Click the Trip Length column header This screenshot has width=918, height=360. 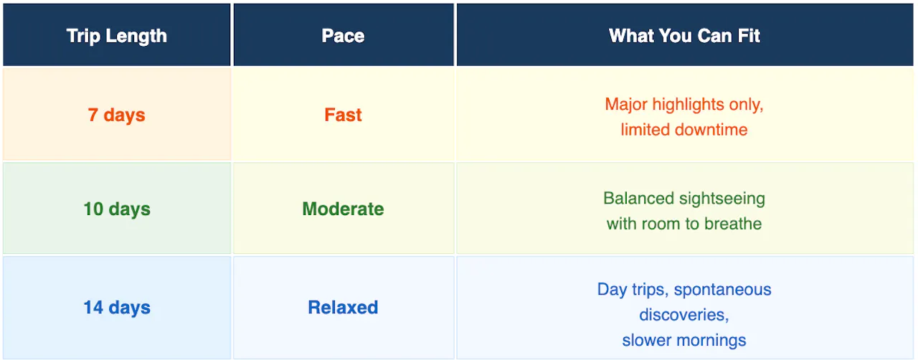117,35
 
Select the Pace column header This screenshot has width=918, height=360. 344,35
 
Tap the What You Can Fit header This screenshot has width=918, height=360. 684,35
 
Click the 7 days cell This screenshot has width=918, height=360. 117,115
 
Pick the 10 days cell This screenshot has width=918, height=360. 117,208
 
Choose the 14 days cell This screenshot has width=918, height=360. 117,308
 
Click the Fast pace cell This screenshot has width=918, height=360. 344,115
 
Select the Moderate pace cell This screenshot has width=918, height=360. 344,208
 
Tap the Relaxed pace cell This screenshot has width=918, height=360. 344,308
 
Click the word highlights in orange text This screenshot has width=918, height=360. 688,105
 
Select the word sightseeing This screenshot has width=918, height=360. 722,199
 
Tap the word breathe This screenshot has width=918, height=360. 733,224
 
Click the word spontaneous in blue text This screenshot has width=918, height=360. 722,290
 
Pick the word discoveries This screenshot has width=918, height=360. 684,315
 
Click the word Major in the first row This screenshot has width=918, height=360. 626,105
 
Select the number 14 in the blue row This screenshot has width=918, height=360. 93,308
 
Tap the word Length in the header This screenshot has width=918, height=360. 136,37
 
